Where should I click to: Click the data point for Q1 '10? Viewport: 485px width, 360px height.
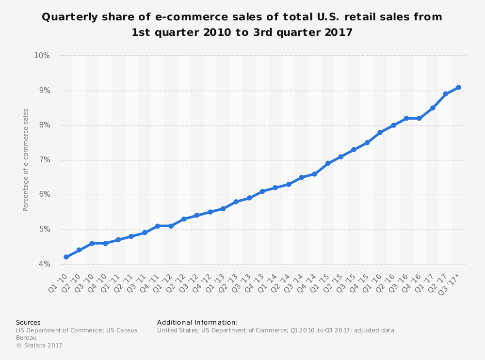pyautogui.click(x=66, y=257)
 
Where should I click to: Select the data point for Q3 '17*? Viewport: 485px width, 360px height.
pyautogui.click(x=458, y=87)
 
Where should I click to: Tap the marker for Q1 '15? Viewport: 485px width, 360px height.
pyautogui.click(x=328, y=163)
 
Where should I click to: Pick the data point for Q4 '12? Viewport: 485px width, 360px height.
pyautogui.click(x=210, y=212)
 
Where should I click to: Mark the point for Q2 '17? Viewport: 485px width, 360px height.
pyautogui.click(x=445, y=94)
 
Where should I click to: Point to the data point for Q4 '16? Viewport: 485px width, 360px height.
pyautogui.click(x=419, y=118)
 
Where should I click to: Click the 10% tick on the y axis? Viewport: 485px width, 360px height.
pyautogui.click(x=42, y=56)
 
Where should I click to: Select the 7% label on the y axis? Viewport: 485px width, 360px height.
pyautogui.click(x=44, y=160)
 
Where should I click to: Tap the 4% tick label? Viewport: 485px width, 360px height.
pyautogui.click(x=44, y=264)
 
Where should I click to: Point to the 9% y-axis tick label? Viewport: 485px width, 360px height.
pyautogui.click(x=44, y=91)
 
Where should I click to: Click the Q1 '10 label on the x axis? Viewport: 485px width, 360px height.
pyautogui.click(x=58, y=282)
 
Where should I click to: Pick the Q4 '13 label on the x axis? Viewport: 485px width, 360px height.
pyautogui.click(x=254, y=282)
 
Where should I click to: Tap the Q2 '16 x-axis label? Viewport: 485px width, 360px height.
pyautogui.click(x=385, y=282)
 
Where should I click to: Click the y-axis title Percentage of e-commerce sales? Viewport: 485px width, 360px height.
pyautogui.click(x=26, y=160)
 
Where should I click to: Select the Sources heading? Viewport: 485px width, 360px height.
pyautogui.click(x=28, y=322)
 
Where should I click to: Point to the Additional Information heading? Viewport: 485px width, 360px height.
pyautogui.click(x=197, y=322)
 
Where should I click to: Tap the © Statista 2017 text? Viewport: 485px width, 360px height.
pyautogui.click(x=39, y=345)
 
